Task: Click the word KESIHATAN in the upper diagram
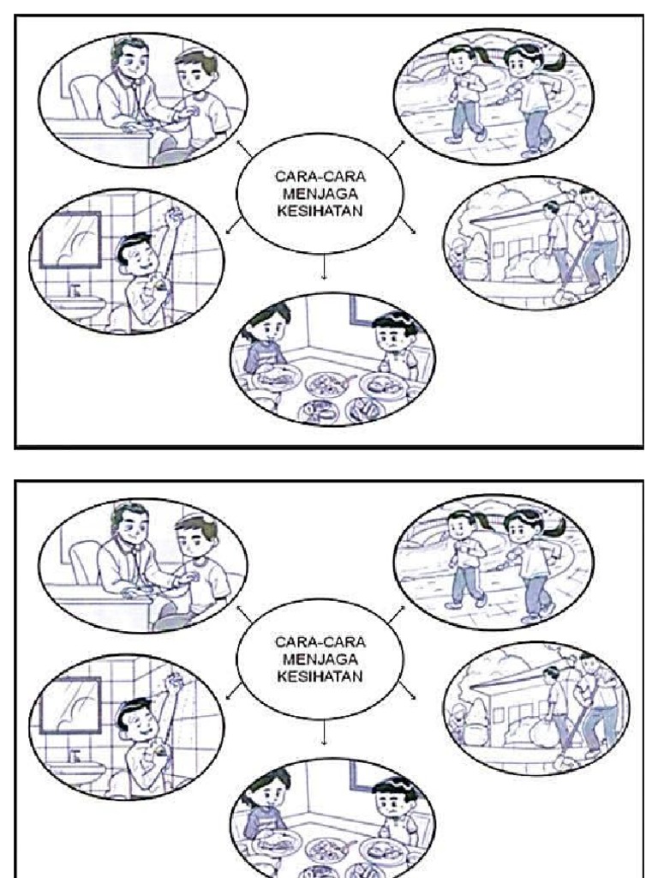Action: click(320, 207)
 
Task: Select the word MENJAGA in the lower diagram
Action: click(320, 658)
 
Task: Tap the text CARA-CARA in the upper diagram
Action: click(320, 175)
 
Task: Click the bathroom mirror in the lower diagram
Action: click(73, 705)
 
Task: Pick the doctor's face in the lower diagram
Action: click(130, 524)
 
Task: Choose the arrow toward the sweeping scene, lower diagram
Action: click(410, 693)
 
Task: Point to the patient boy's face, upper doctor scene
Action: click(195, 75)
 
